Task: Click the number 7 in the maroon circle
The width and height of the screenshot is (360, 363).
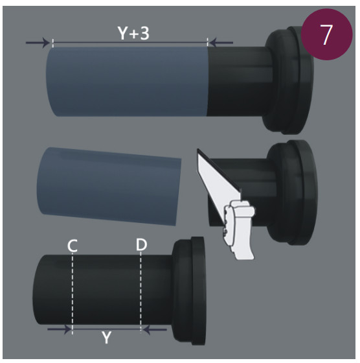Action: point(326,34)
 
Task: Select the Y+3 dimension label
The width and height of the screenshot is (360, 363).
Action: point(133,33)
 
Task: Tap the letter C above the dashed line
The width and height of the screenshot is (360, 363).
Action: point(72,246)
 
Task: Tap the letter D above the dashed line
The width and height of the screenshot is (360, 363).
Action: point(141,245)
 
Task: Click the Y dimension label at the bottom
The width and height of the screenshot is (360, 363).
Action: point(107,338)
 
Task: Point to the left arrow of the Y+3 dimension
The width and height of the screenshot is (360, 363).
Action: point(38,43)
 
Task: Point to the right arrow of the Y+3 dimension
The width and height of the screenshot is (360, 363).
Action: point(221,43)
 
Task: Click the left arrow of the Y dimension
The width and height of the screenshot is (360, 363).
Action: point(59,329)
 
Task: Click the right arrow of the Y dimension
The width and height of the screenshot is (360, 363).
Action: point(155,329)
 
